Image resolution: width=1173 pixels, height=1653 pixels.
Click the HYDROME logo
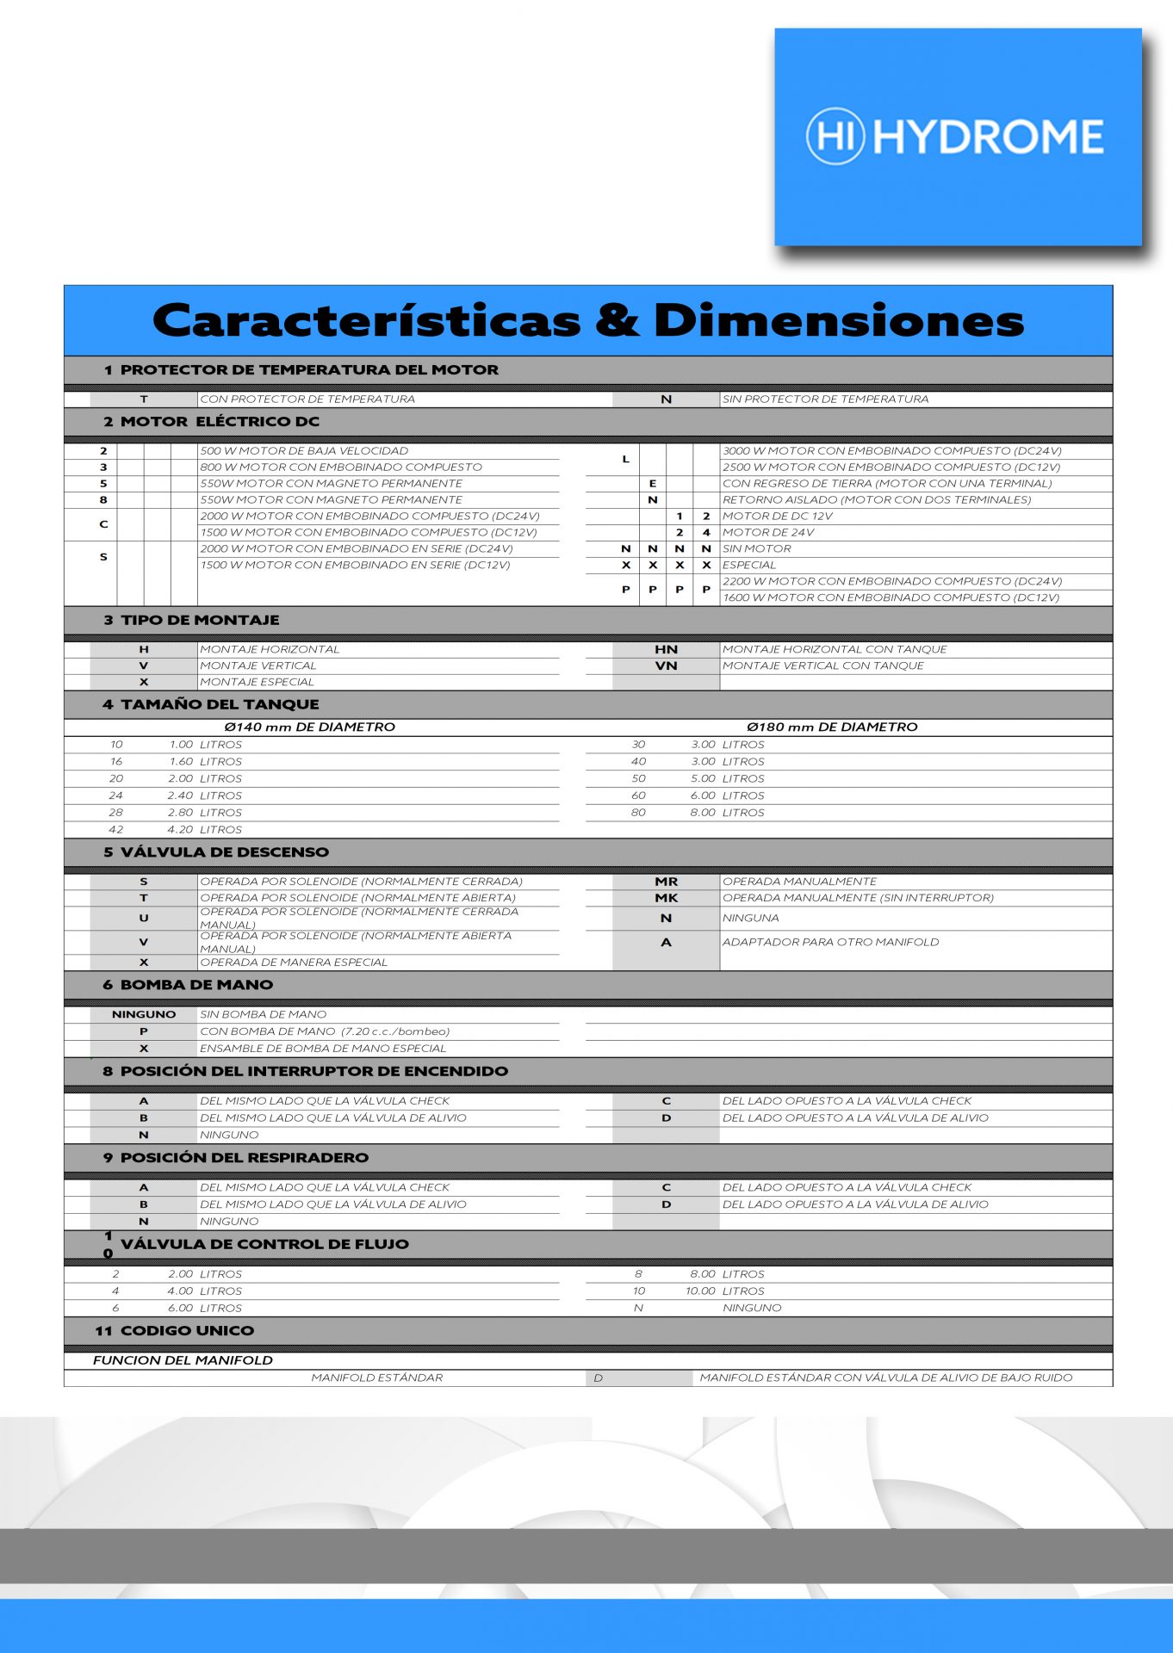coord(957,137)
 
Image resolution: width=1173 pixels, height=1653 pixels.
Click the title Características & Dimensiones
coord(588,320)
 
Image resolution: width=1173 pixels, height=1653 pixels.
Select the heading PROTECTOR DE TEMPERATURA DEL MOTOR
coord(309,369)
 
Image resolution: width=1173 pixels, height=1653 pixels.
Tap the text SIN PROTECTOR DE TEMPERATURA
coord(825,399)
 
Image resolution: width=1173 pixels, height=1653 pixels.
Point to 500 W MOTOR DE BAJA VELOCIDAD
coord(304,451)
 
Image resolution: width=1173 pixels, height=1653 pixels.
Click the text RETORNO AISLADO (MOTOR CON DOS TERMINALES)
coord(876,500)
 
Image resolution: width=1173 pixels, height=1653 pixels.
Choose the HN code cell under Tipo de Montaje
coord(666,650)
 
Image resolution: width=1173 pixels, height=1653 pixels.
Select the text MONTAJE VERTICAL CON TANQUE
coord(822,666)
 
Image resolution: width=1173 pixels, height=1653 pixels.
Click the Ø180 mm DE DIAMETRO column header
coord(832,727)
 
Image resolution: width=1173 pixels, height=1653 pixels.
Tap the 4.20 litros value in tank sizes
coord(181,830)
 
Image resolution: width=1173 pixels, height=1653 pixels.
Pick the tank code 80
coord(638,813)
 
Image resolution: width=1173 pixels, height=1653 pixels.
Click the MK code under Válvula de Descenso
coord(666,898)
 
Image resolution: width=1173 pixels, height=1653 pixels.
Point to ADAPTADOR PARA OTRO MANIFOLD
coord(830,943)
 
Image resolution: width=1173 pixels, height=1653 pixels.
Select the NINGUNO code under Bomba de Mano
coord(143,1015)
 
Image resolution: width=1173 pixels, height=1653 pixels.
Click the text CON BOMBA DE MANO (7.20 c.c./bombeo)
coord(325,1031)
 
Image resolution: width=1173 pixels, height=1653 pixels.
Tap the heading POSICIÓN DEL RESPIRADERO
coord(244,1158)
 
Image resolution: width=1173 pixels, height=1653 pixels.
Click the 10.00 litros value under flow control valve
coord(700,1291)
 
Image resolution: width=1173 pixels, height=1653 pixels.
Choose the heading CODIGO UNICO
coord(187,1331)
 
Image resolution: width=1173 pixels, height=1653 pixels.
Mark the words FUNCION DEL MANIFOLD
coord(183,1361)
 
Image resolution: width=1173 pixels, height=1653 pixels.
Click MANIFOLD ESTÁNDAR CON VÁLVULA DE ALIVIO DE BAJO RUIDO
coord(885,1378)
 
